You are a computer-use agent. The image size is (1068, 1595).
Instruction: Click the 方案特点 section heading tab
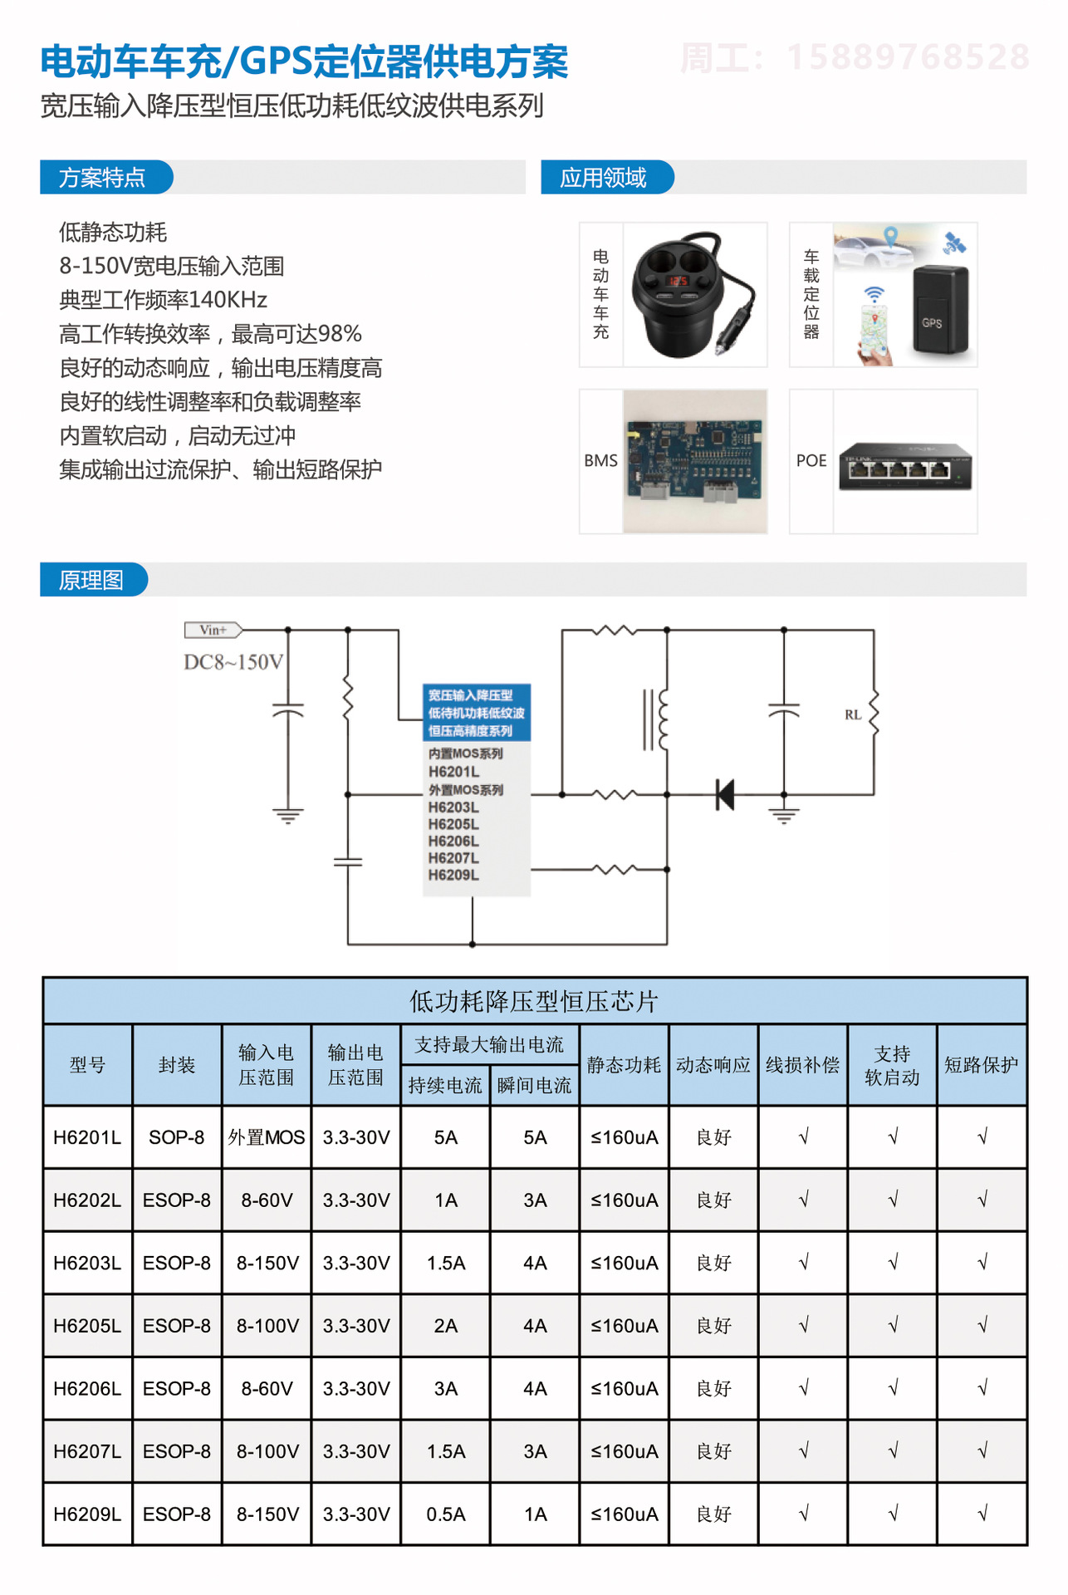103,178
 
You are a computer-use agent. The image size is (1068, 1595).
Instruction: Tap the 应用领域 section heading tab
604,178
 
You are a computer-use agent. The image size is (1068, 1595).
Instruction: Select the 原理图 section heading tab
92,580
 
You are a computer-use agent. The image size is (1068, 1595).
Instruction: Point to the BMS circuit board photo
694,461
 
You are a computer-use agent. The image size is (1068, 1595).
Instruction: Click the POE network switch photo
905,465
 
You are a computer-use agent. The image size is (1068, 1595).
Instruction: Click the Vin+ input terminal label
213,630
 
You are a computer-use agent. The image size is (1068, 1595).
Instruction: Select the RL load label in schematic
853,714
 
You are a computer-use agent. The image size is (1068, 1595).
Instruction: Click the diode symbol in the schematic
725,794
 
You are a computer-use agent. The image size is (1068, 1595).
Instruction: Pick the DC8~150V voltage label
233,662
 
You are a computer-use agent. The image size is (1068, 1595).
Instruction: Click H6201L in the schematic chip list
453,772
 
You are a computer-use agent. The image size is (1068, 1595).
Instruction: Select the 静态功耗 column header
624,1065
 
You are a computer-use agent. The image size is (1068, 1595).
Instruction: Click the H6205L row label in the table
87,1326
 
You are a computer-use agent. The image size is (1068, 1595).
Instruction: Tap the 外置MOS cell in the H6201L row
267,1137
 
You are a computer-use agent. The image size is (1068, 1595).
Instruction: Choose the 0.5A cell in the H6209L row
446,1514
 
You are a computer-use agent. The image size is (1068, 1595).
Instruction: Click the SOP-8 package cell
177,1137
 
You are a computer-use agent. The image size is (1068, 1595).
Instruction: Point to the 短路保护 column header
981,1065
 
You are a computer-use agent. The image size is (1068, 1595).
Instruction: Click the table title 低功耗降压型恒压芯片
534,1001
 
